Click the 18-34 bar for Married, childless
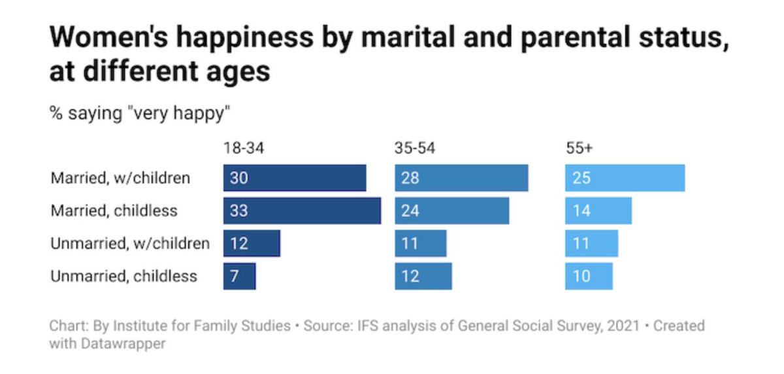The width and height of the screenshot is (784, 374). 302,211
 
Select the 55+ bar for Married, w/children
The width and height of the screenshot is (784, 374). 625,178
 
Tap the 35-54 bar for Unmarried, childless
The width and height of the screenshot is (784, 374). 423,276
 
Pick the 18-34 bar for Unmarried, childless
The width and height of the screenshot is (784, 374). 239,276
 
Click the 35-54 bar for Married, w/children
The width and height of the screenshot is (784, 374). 461,178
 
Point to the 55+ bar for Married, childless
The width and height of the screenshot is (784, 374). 598,211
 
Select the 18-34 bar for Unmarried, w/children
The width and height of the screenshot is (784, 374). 252,243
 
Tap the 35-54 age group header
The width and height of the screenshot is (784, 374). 415,148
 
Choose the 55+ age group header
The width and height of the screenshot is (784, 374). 579,148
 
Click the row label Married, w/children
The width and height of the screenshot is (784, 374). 120,178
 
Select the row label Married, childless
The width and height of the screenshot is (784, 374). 114,211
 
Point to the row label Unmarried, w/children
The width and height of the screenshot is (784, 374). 130,243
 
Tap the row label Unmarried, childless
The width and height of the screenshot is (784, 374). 123,276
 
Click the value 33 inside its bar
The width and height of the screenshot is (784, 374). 238,211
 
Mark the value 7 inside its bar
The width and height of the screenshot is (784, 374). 234,276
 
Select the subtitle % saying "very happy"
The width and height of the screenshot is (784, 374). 140,113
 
